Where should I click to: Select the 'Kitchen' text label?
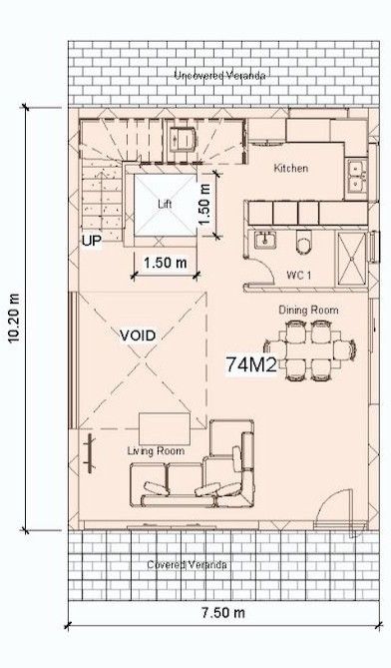290,169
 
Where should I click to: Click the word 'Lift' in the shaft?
166,203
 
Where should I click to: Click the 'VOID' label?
139,334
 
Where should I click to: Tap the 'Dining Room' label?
309,311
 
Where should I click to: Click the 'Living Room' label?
157,451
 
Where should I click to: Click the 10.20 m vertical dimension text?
13,319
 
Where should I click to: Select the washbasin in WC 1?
264,241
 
